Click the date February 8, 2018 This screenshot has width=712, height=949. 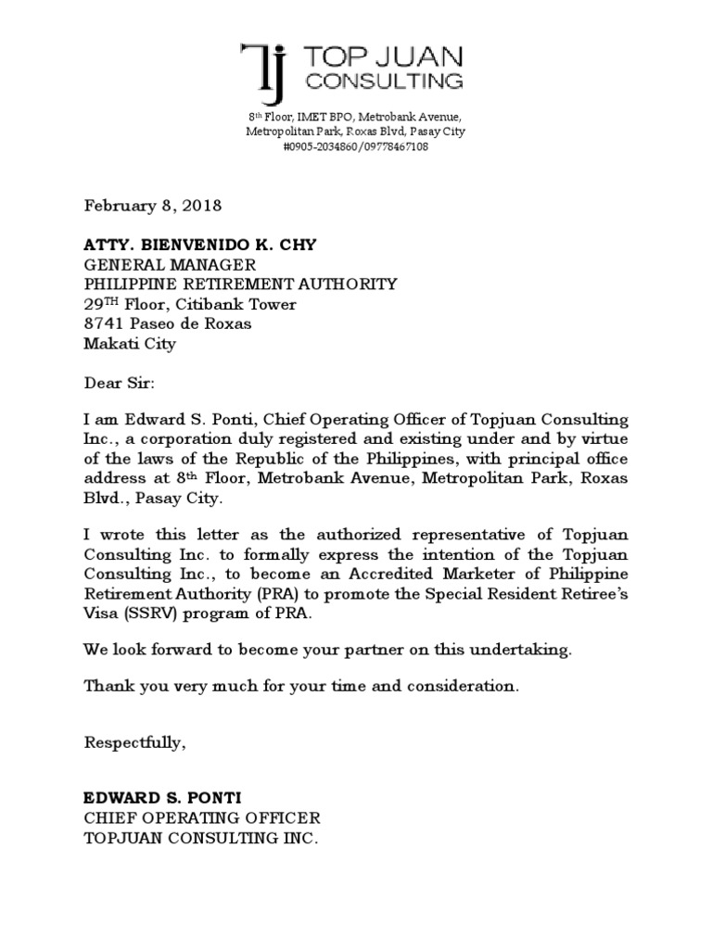pos(153,205)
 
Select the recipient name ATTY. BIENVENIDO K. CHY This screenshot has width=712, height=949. pos(200,245)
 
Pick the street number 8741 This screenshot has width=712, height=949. pos(105,323)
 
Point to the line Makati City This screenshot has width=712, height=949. pos(130,344)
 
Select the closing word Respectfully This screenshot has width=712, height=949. pos(134,742)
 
